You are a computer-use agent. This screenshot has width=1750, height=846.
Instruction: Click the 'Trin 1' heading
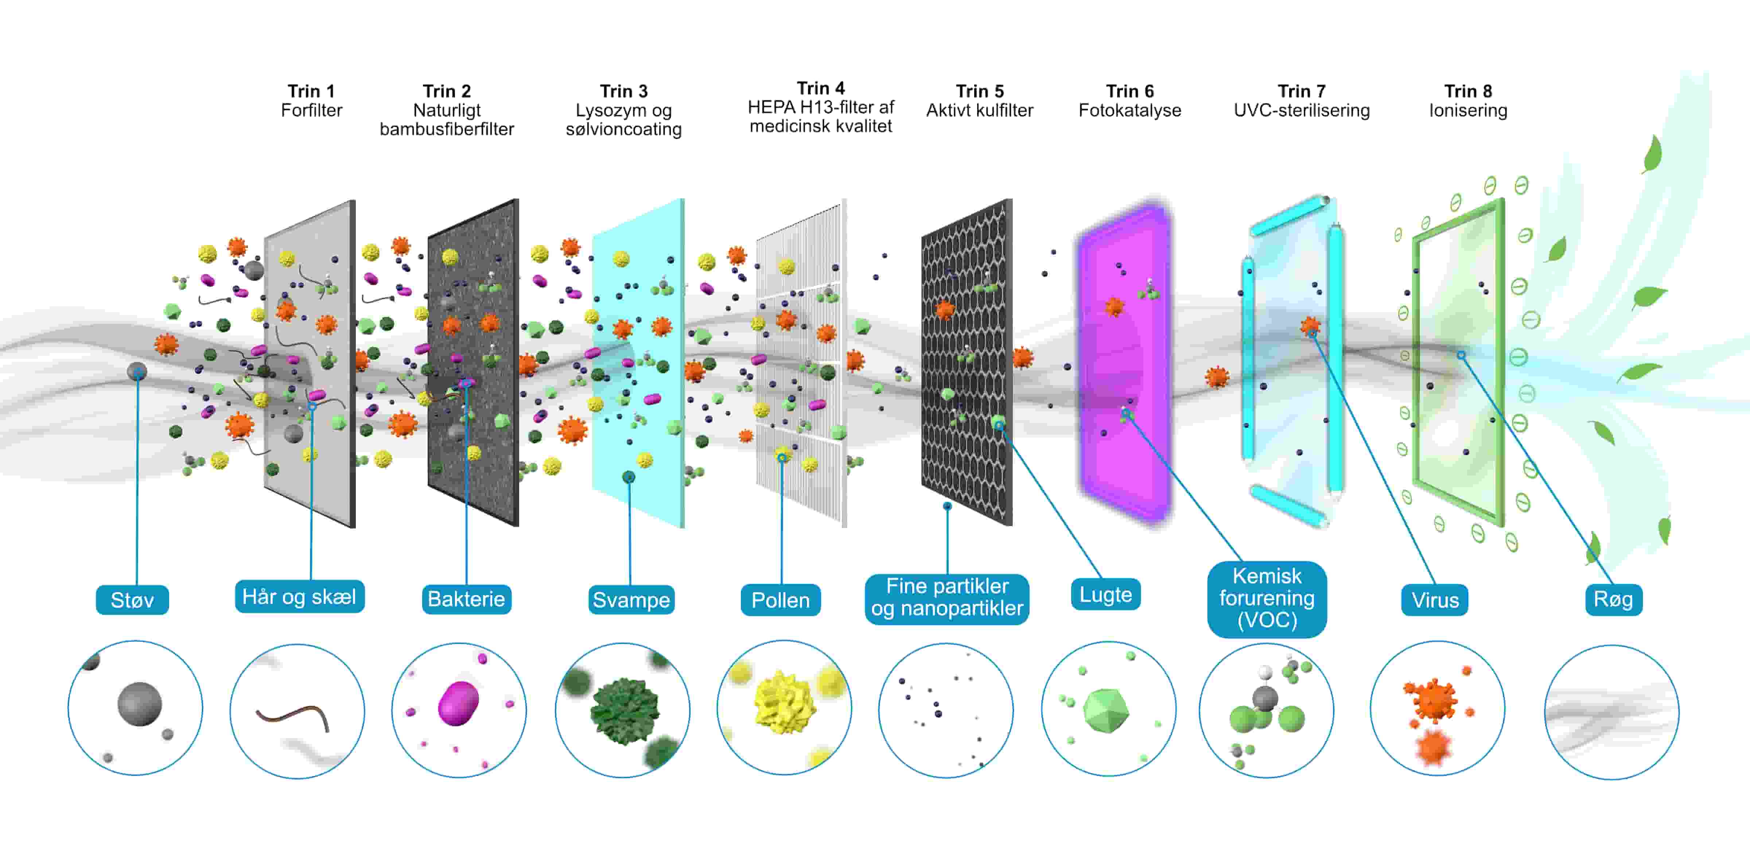(311, 91)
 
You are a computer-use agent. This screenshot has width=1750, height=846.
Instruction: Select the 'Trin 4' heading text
(821, 88)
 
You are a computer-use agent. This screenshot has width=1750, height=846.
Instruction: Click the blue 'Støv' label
(132, 600)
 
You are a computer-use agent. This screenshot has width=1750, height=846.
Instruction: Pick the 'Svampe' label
(631, 600)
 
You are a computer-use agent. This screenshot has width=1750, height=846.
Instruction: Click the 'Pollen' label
(781, 600)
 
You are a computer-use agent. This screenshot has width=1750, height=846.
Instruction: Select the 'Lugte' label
(1105, 595)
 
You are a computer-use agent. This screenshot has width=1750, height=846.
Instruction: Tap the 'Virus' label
(1435, 600)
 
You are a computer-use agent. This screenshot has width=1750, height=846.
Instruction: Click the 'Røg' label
(1613, 599)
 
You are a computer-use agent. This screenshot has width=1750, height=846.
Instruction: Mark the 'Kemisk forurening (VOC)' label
(1267, 598)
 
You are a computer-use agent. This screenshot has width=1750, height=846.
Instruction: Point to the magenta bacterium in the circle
(459, 703)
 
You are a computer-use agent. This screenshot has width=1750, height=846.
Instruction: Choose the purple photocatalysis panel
(1124, 360)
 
